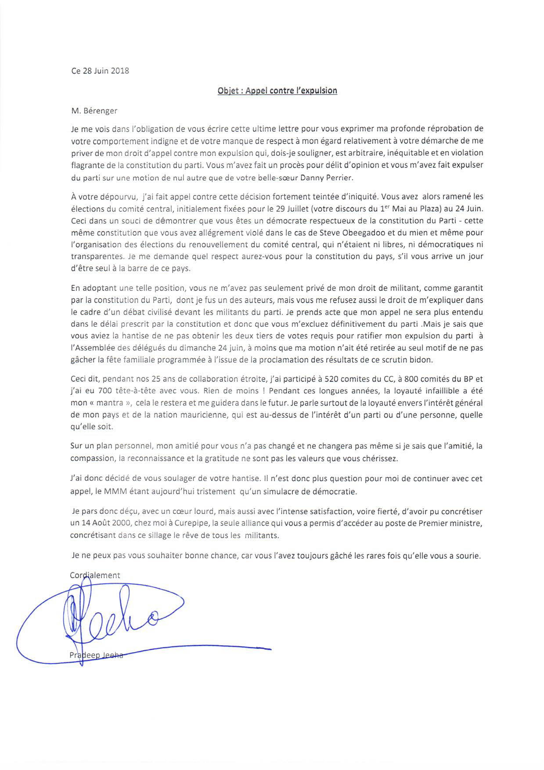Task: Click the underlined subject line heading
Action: pos(277,91)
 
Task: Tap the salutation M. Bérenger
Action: pos(94,111)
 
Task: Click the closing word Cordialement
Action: pos(95,575)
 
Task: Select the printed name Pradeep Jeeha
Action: pos(96,655)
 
